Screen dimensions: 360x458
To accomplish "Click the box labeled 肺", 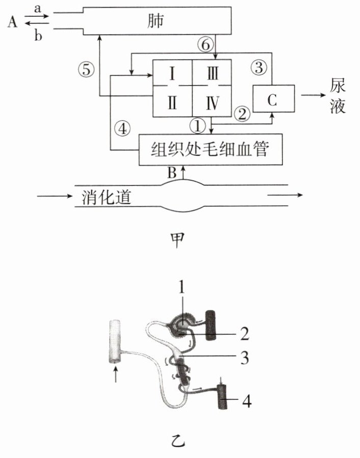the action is coord(158,21).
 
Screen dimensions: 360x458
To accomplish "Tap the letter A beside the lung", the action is coord(12,22).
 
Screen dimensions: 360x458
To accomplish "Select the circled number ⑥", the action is coord(205,45).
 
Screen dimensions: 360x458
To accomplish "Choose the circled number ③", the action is coord(259,67).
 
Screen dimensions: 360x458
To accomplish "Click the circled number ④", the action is coord(122,128).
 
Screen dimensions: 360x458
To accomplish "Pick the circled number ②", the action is coord(242,114).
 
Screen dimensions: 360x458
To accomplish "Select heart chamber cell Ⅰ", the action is coord(172,73).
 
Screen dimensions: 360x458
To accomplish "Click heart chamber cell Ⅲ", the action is coord(212,73).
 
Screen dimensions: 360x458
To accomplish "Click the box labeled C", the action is coord(273,99).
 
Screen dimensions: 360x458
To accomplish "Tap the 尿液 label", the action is coord(338,95).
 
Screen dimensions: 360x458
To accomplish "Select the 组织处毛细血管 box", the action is coord(211,150).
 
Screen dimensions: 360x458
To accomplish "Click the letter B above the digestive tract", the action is coord(172,173).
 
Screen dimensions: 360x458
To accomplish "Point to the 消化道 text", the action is coord(106,197).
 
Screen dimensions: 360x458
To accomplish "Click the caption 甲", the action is coord(177,240).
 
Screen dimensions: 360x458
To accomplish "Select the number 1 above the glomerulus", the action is coord(182,287).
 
